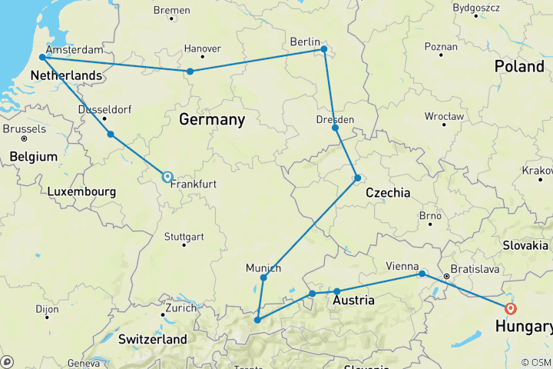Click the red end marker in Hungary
point(511,308)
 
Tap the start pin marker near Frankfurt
point(167,176)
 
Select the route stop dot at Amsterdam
point(41,58)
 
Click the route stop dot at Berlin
point(324,49)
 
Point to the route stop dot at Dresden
point(336,128)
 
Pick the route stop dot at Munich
point(263,278)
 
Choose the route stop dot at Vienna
point(422,274)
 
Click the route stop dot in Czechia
point(357,178)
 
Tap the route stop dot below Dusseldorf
point(111,135)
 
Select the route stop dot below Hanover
point(190,71)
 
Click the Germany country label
point(212,119)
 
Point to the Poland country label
point(519,66)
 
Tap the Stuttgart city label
point(184,236)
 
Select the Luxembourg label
point(81,191)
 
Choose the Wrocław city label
point(445,116)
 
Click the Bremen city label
point(172,10)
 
